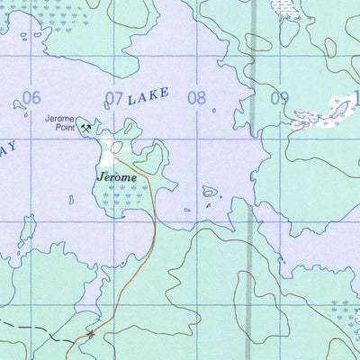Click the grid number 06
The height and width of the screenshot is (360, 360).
tap(32, 97)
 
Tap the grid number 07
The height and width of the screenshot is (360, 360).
tap(113, 98)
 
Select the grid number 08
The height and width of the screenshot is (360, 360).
tap(196, 98)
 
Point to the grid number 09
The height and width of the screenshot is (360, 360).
tap(279, 99)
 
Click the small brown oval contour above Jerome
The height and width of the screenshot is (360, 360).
tap(116, 146)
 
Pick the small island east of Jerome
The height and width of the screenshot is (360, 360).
tap(209, 191)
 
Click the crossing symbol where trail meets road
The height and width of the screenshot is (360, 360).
tap(91, 335)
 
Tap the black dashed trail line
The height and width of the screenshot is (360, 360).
tap(36, 326)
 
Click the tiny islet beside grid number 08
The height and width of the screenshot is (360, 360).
tap(214, 111)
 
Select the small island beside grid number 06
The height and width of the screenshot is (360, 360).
tap(20, 104)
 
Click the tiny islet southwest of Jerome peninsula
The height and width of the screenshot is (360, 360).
tap(71, 199)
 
